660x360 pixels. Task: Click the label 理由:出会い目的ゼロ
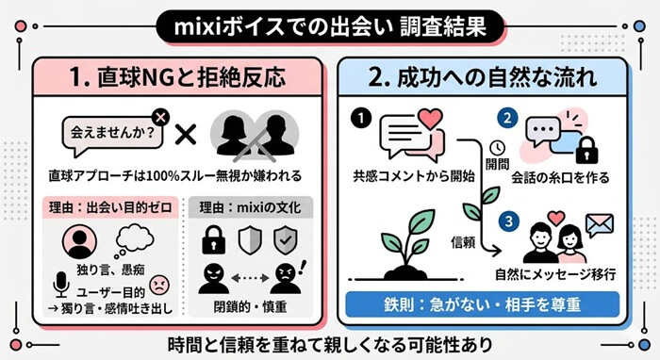pos(112,206)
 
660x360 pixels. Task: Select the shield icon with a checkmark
pos(288,240)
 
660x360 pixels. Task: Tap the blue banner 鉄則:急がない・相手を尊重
pos(482,305)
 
